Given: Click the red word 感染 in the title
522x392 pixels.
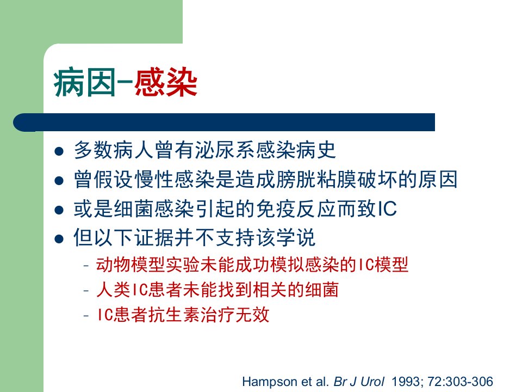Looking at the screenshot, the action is [x=166, y=83].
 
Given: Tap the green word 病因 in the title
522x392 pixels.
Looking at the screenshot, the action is [x=85, y=83].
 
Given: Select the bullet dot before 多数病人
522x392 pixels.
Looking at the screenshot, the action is [x=59, y=152].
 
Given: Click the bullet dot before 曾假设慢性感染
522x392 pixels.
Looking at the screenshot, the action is [x=59, y=181].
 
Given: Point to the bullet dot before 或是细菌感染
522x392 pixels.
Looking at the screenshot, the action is [x=59, y=210].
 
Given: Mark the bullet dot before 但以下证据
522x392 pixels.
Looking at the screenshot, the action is [x=59, y=240].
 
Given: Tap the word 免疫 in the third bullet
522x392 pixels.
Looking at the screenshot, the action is [x=276, y=209].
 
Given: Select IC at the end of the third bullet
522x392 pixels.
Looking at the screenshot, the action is [x=387, y=209].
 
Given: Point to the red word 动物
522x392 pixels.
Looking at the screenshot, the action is [x=113, y=265].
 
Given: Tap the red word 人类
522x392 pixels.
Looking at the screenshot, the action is [x=113, y=290].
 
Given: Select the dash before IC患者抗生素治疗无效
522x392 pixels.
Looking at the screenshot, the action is [x=86, y=315].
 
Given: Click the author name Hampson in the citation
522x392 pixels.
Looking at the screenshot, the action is [x=270, y=382].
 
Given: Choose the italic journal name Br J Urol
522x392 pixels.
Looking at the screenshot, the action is [x=359, y=382].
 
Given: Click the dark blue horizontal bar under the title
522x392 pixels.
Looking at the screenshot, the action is [x=224, y=122].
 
